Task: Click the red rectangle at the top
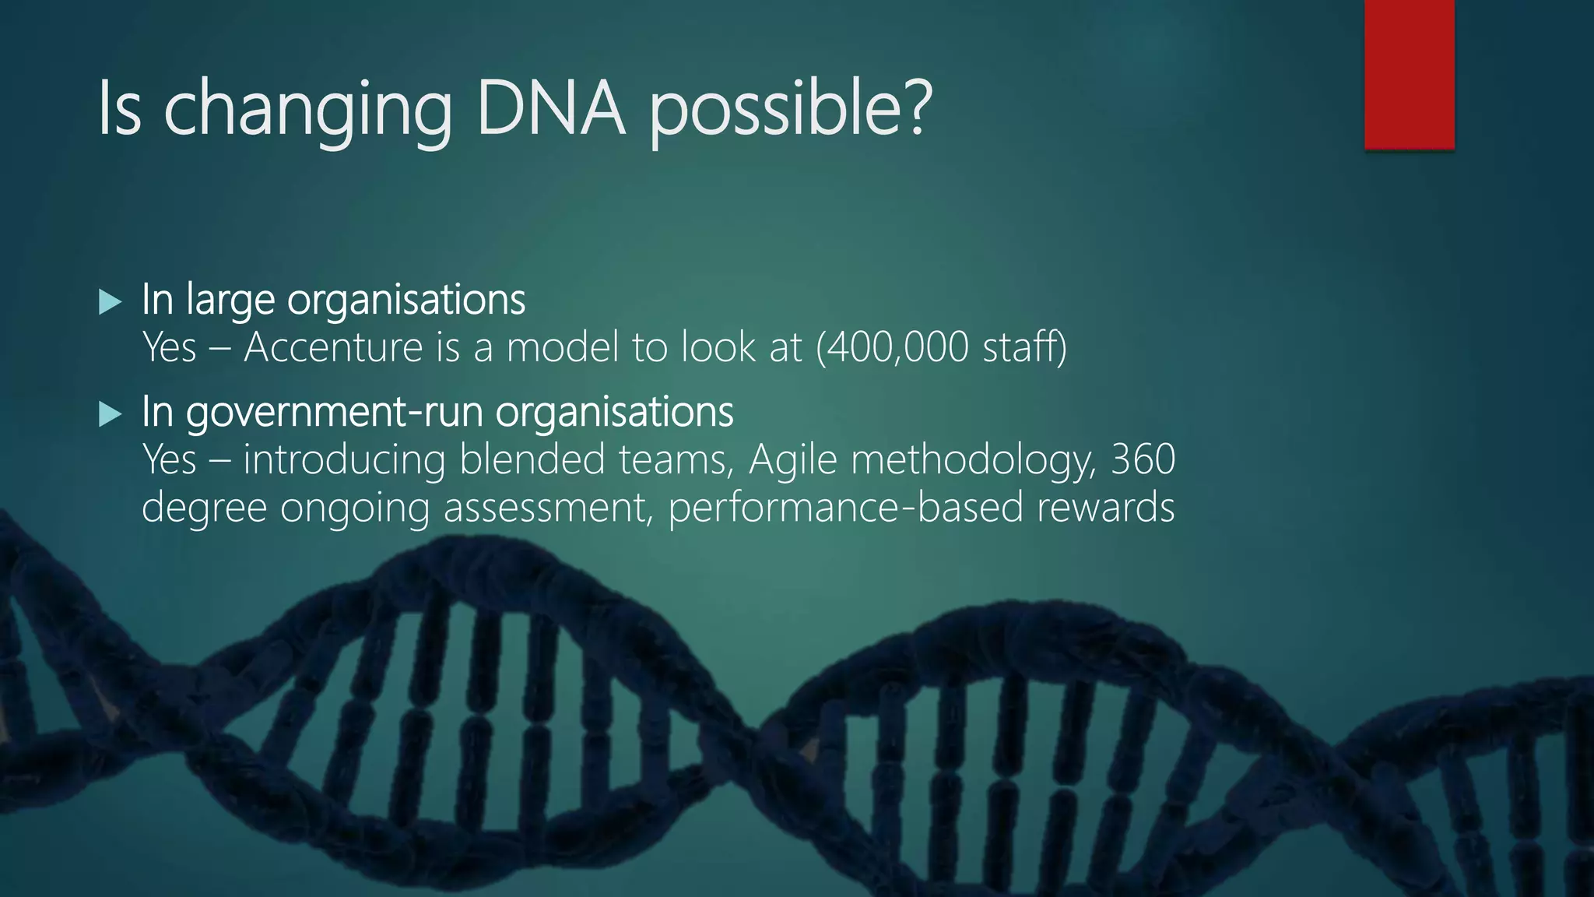tap(1409, 74)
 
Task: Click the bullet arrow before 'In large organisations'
tap(111, 302)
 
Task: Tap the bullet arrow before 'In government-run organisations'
tap(111, 414)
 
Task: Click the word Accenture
tap(332, 347)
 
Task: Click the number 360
tap(1143, 459)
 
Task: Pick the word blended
tap(532, 459)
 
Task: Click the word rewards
tap(1105, 508)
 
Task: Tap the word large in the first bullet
tap(230, 301)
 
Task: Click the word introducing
tap(344, 459)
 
